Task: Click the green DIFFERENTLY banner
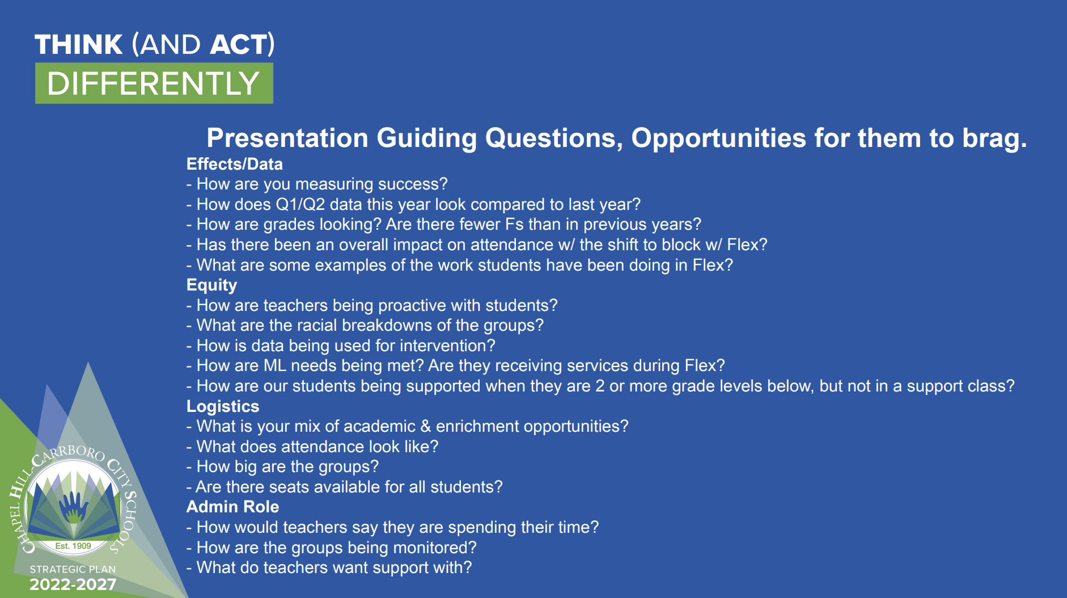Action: point(154,83)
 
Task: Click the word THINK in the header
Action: point(78,45)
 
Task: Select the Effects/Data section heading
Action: point(235,164)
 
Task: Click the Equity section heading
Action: point(211,285)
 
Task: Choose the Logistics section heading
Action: point(223,407)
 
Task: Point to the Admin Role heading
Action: point(233,507)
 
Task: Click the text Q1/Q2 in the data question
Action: point(300,204)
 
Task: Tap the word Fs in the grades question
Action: point(514,224)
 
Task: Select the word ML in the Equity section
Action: point(275,365)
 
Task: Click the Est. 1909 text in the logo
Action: point(73,546)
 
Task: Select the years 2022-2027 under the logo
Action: point(73,584)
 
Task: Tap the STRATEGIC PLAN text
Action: point(73,569)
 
